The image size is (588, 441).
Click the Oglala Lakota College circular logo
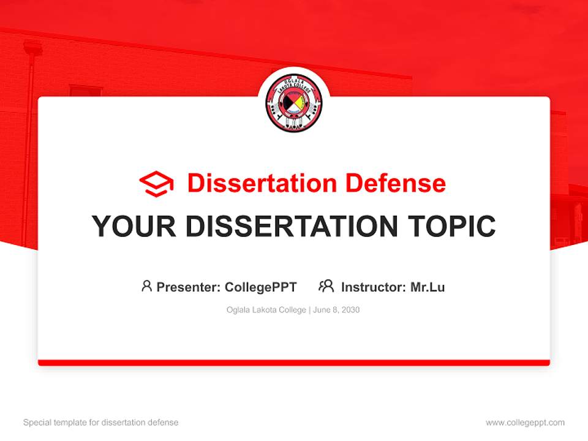click(294, 104)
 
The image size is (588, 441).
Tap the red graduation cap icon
click(156, 184)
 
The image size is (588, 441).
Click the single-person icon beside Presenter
click(146, 286)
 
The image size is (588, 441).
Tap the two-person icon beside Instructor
click(326, 286)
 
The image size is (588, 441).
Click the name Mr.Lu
click(428, 287)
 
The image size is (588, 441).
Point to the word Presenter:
click(189, 287)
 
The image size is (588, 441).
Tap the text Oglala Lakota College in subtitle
click(266, 310)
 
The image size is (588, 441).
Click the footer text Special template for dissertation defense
click(100, 423)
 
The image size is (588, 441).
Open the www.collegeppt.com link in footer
click(525, 423)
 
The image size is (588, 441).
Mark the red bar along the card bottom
click(294, 363)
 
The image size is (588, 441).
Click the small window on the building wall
click(85, 91)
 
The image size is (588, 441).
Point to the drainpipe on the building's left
click(28, 123)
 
